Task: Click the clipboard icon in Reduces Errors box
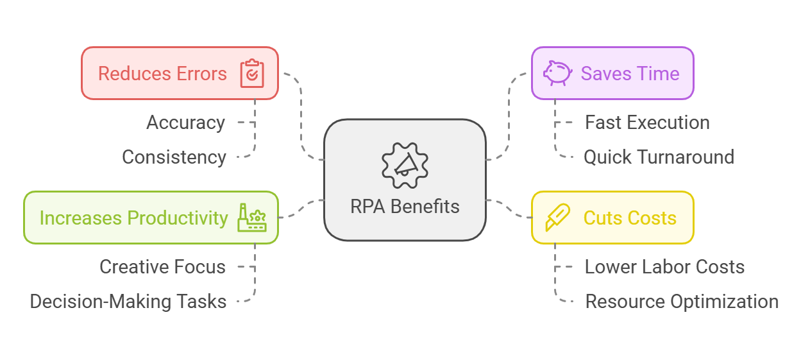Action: [x=252, y=74]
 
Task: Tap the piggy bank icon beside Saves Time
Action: [x=557, y=73]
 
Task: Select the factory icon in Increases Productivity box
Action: [x=252, y=218]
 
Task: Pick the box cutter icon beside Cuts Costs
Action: [x=557, y=218]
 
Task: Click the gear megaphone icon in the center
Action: [x=405, y=165]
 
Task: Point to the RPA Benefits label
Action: [x=405, y=207]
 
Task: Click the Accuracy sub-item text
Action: [x=185, y=123]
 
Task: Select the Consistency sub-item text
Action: [x=174, y=157]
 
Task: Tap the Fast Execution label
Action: [x=647, y=123]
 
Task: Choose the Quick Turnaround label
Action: [x=659, y=157]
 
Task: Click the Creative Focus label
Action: [x=162, y=267]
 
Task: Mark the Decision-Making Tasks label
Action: [x=128, y=302]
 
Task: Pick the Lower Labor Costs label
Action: [x=664, y=267]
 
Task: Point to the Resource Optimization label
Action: [x=682, y=302]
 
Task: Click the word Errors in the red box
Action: [x=202, y=74]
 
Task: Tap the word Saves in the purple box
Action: [x=603, y=74]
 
